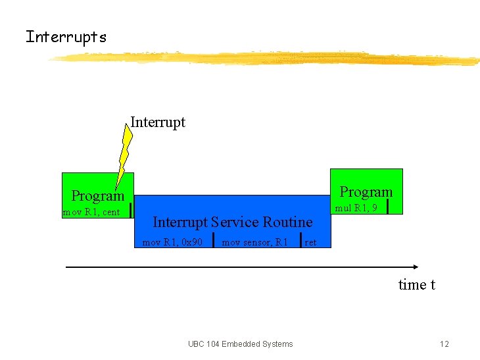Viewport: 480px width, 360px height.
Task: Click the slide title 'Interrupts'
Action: (66, 37)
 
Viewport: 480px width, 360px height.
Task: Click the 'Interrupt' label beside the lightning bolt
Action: (158, 122)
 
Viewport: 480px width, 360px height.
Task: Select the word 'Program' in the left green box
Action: (97, 195)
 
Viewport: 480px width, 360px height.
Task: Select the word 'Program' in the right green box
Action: (366, 192)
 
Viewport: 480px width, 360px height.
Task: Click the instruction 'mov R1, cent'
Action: (91, 212)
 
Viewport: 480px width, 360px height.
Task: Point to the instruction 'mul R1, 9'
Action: (356, 208)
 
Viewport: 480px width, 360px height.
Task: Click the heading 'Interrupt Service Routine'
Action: (232, 222)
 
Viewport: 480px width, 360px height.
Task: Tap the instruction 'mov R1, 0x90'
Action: (172, 242)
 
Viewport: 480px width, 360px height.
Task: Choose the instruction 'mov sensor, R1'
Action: (254, 242)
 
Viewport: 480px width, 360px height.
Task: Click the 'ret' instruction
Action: (311, 242)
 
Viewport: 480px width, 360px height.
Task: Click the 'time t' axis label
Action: (416, 284)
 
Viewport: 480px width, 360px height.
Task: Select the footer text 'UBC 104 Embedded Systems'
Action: (240, 344)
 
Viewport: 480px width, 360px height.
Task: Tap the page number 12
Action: (444, 344)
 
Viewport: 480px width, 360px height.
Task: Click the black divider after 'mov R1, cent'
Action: (132, 210)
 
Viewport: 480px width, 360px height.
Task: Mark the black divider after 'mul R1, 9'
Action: (388, 207)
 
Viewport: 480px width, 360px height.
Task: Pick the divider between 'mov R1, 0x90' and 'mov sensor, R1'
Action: (214, 240)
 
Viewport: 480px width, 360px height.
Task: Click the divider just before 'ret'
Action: (300, 240)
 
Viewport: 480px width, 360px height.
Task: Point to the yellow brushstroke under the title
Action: (263, 59)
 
